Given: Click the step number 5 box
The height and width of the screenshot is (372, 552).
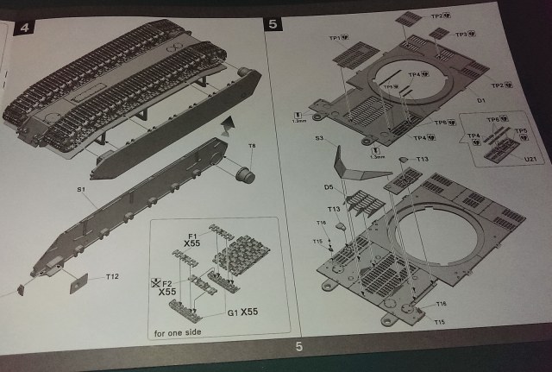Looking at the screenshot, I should click(x=273, y=23).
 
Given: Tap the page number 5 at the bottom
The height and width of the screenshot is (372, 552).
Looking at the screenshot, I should click(x=298, y=347).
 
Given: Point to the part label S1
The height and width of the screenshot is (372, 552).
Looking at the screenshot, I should click(x=80, y=188).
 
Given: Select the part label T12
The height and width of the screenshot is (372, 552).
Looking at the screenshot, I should click(x=112, y=277).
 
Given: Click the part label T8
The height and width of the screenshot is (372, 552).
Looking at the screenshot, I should click(x=252, y=146).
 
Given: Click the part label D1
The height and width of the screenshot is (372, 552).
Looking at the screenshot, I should click(x=482, y=101).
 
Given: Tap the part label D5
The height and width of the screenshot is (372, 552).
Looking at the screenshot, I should click(x=329, y=187).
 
